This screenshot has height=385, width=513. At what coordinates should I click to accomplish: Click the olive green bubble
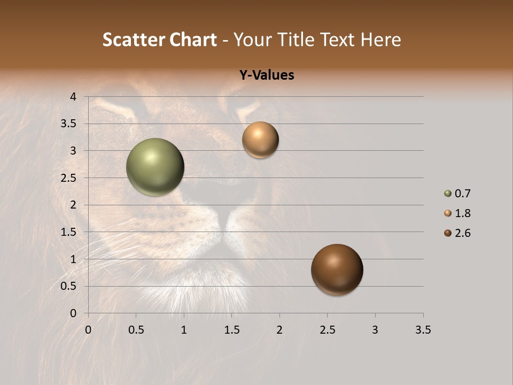(x=156, y=167)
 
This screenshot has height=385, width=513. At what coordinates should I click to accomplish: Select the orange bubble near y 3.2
(x=260, y=140)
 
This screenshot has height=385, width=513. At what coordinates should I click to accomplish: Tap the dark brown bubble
(x=337, y=269)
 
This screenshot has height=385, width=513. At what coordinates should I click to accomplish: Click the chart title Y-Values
(x=267, y=75)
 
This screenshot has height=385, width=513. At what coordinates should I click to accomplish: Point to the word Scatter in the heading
(x=133, y=40)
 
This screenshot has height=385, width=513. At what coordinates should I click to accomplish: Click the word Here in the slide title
(x=380, y=40)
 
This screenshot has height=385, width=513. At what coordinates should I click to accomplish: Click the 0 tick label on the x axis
(x=88, y=330)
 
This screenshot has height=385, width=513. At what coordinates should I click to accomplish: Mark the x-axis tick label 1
(x=184, y=330)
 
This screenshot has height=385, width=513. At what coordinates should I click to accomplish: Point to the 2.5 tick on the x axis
(x=327, y=330)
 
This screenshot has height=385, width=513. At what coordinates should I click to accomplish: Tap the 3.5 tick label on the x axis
(x=423, y=330)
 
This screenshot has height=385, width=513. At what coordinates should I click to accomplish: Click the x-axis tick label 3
(x=375, y=330)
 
